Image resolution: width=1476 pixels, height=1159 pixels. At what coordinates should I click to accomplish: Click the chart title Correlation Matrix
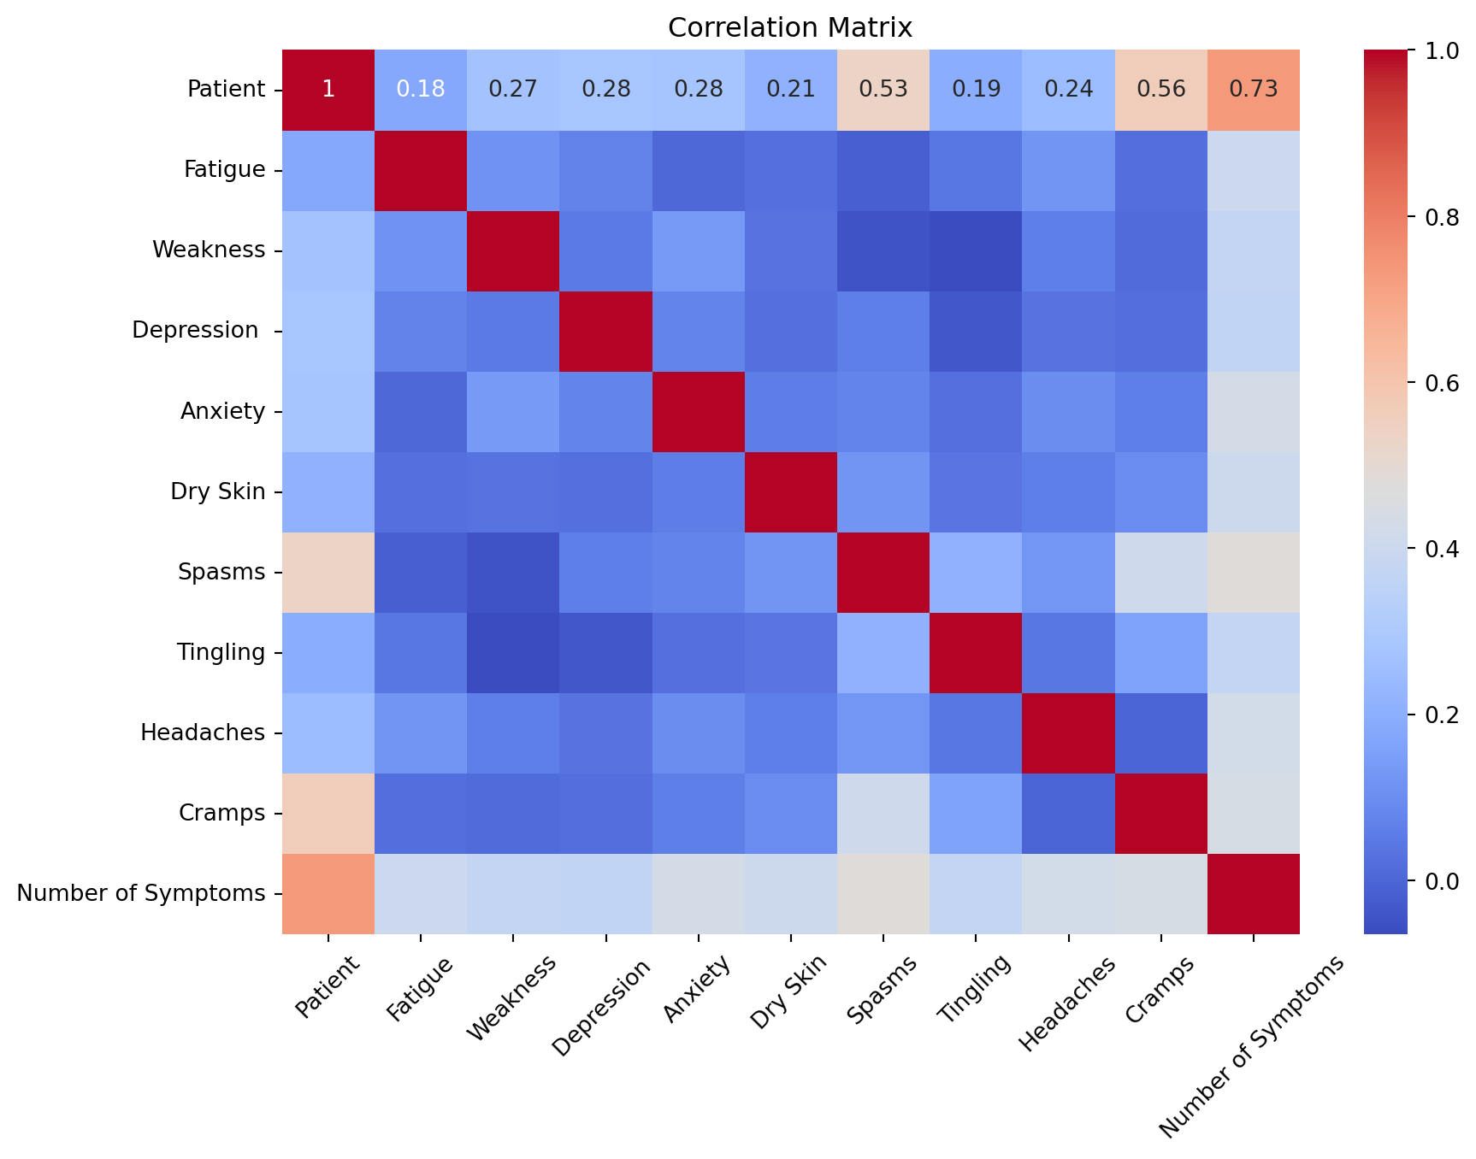tap(790, 28)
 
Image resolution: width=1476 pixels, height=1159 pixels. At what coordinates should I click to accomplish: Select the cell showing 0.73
tap(1254, 90)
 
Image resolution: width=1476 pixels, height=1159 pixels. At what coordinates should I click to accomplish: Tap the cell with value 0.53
tap(883, 90)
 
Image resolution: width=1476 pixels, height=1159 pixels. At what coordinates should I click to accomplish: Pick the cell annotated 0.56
tap(1161, 90)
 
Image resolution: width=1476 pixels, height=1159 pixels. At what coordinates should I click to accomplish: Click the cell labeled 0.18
tap(422, 90)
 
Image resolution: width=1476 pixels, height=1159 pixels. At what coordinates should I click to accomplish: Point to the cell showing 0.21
tap(791, 90)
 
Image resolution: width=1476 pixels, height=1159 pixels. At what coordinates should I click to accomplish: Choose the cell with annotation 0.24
tap(1069, 90)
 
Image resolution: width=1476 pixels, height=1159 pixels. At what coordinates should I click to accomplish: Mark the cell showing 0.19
tap(977, 90)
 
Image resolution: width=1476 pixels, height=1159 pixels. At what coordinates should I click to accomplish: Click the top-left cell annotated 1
tap(328, 90)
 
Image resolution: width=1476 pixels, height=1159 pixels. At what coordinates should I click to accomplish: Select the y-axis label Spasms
tap(221, 572)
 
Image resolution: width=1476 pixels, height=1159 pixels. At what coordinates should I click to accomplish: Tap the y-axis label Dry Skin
tap(217, 491)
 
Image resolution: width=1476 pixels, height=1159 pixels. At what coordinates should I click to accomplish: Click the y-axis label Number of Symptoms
tap(141, 894)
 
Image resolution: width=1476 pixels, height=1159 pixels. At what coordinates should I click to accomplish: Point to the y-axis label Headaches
tap(203, 732)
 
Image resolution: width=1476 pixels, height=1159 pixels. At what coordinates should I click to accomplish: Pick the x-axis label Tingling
tap(974, 988)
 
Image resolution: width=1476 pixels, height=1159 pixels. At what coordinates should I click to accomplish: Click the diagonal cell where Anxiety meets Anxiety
tap(699, 411)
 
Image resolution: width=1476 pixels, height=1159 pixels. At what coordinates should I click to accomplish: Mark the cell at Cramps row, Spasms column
tap(883, 813)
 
